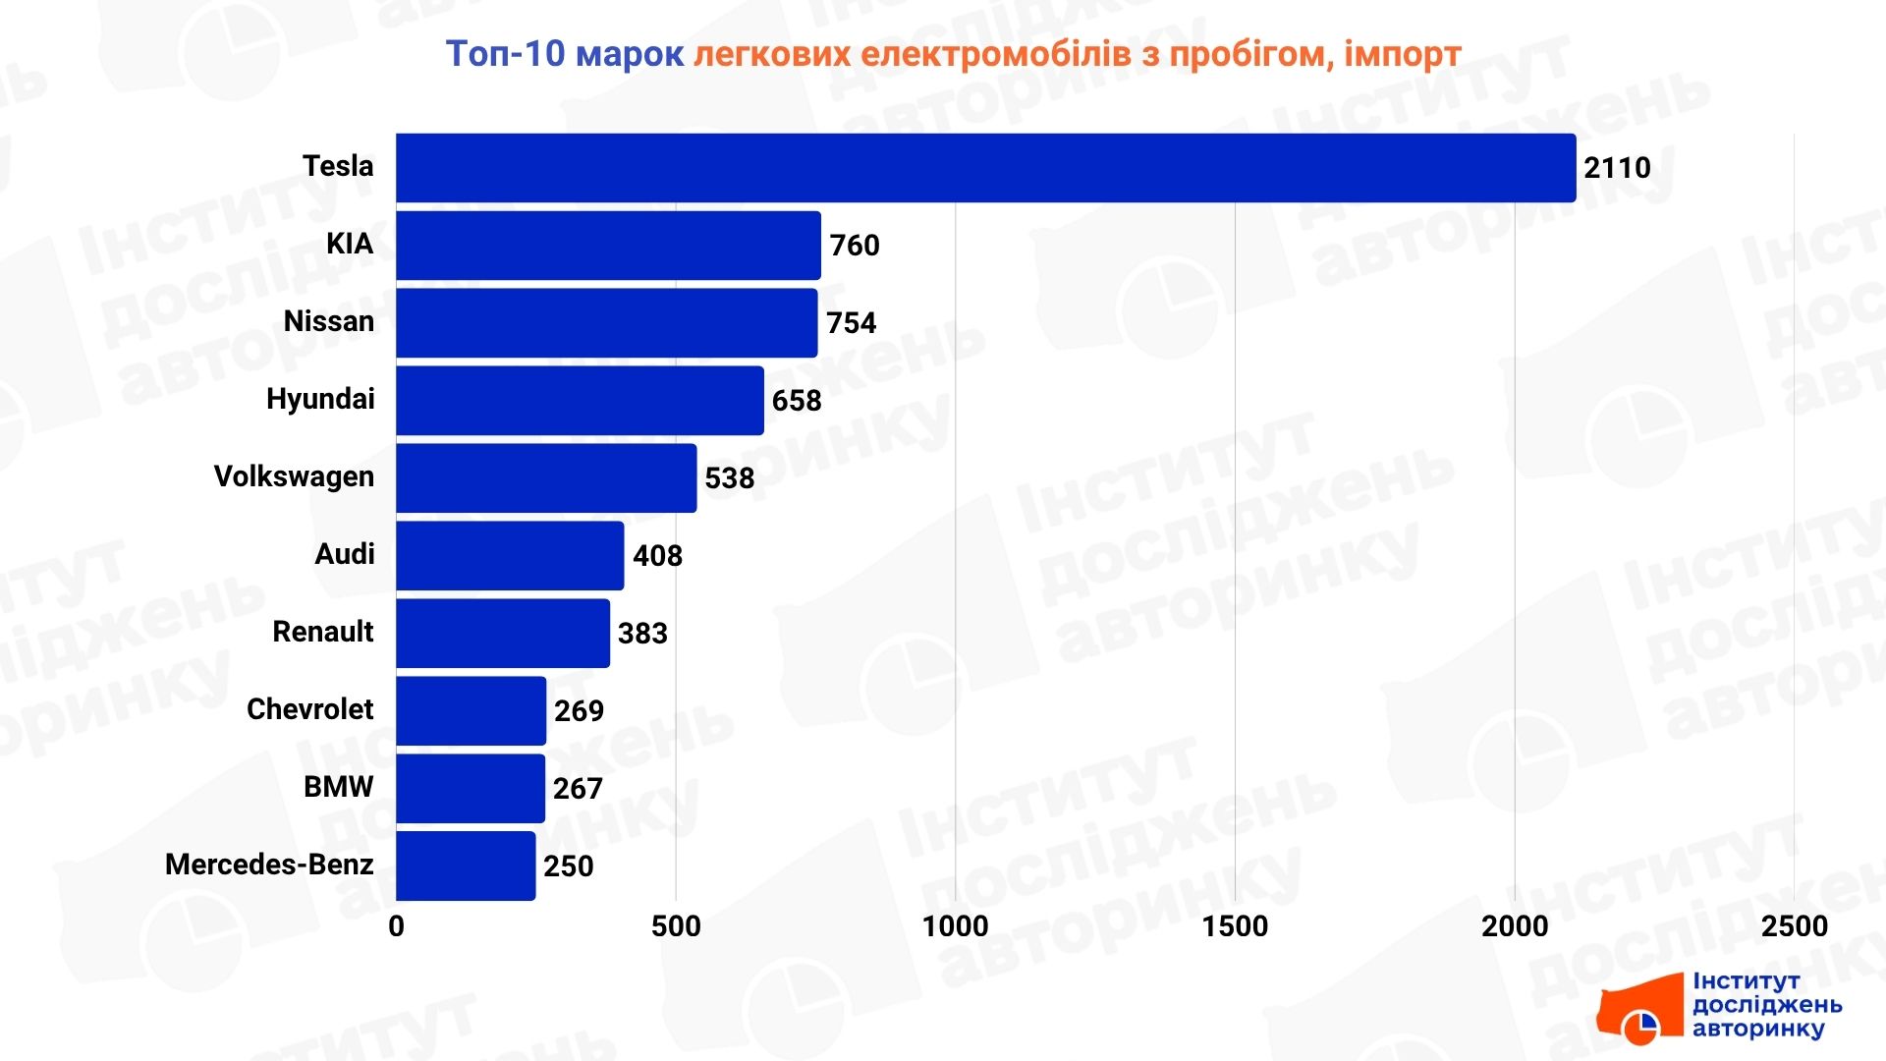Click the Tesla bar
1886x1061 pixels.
pos(985,168)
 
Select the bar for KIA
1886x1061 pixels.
pos(608,246)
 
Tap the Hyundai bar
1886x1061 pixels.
pos(580,401)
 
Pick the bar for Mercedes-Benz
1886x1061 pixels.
pos(466,866)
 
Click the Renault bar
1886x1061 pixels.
pos(503,634)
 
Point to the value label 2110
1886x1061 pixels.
pos(1617,168)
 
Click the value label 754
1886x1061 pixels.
pos(851,323)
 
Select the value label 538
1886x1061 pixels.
pos(729,478)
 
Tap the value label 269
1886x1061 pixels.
pos(579,711)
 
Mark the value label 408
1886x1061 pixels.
pos(657,556)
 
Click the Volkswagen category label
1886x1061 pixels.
pos(294,476)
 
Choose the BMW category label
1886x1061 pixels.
pos(338,787)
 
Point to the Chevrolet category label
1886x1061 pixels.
pos(309,709)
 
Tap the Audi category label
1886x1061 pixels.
pos(344,554)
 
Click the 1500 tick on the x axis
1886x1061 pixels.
pos(1235,926)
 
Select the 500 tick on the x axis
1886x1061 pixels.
pos(676,926)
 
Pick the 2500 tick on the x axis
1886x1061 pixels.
pos(1794,926)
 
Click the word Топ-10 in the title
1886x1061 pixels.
pos(505,54)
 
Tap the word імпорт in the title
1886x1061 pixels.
pos(1403,54)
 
